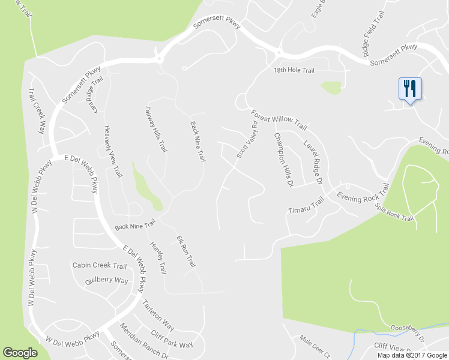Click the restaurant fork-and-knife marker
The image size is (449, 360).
(x=410, y=89)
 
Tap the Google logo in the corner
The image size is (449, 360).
(x=20, y=353)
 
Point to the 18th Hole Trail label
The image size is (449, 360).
(x=294, y=71)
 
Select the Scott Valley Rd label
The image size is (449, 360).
(x=247, y=140)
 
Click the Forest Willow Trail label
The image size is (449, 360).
(x=279, y=119)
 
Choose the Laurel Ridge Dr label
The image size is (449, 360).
(x=313, y=162)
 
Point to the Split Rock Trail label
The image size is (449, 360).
(x=394, y=212)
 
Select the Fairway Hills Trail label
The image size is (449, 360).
(x=155, y=129)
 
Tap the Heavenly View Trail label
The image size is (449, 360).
(x=113, y=151)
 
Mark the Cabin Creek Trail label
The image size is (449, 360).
(x=100, y=266)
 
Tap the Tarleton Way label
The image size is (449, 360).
(x=158, y=316)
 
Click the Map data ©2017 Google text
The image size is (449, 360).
(x=412, y=355)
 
